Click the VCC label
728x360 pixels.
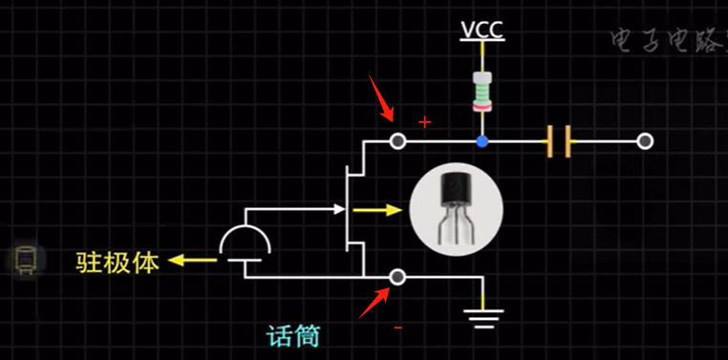(482, 31)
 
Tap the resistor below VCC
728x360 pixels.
(482, 92)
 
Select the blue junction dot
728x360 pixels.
(482, 141)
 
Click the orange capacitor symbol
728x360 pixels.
(560, 142)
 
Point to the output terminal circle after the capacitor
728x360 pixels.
(645, 141)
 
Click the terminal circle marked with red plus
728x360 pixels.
(398, 141)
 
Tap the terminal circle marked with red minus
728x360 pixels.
(398, 277)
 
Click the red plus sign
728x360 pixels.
(425, 122)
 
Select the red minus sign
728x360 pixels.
(398, 328)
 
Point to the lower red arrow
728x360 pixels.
(374, 303)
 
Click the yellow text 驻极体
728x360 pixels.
(118, 261)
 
